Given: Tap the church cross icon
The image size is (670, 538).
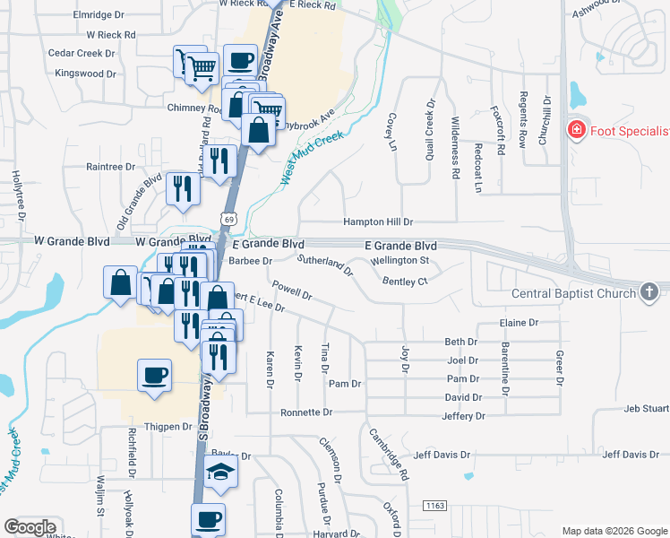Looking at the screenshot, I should pos(650,291).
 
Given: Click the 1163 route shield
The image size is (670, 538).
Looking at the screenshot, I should pos(437,507).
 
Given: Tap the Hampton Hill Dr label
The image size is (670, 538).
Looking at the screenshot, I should pos(377,221).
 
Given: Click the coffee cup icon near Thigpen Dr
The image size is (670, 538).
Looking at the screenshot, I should pos(154,374).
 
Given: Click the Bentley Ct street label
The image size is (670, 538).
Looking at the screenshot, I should pos(405,282).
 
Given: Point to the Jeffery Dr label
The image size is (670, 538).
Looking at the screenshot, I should pos(463,416).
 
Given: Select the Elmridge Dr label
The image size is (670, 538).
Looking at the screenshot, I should pos(99,15).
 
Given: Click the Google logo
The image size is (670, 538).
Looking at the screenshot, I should pos(30,527).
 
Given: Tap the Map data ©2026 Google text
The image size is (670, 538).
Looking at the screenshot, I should pos(614,531).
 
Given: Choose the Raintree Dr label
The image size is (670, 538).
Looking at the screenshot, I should pos(110,167).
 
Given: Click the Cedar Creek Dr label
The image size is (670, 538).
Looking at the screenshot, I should pos(82,54).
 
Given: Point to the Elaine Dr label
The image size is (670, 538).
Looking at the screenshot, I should pos(520,323).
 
